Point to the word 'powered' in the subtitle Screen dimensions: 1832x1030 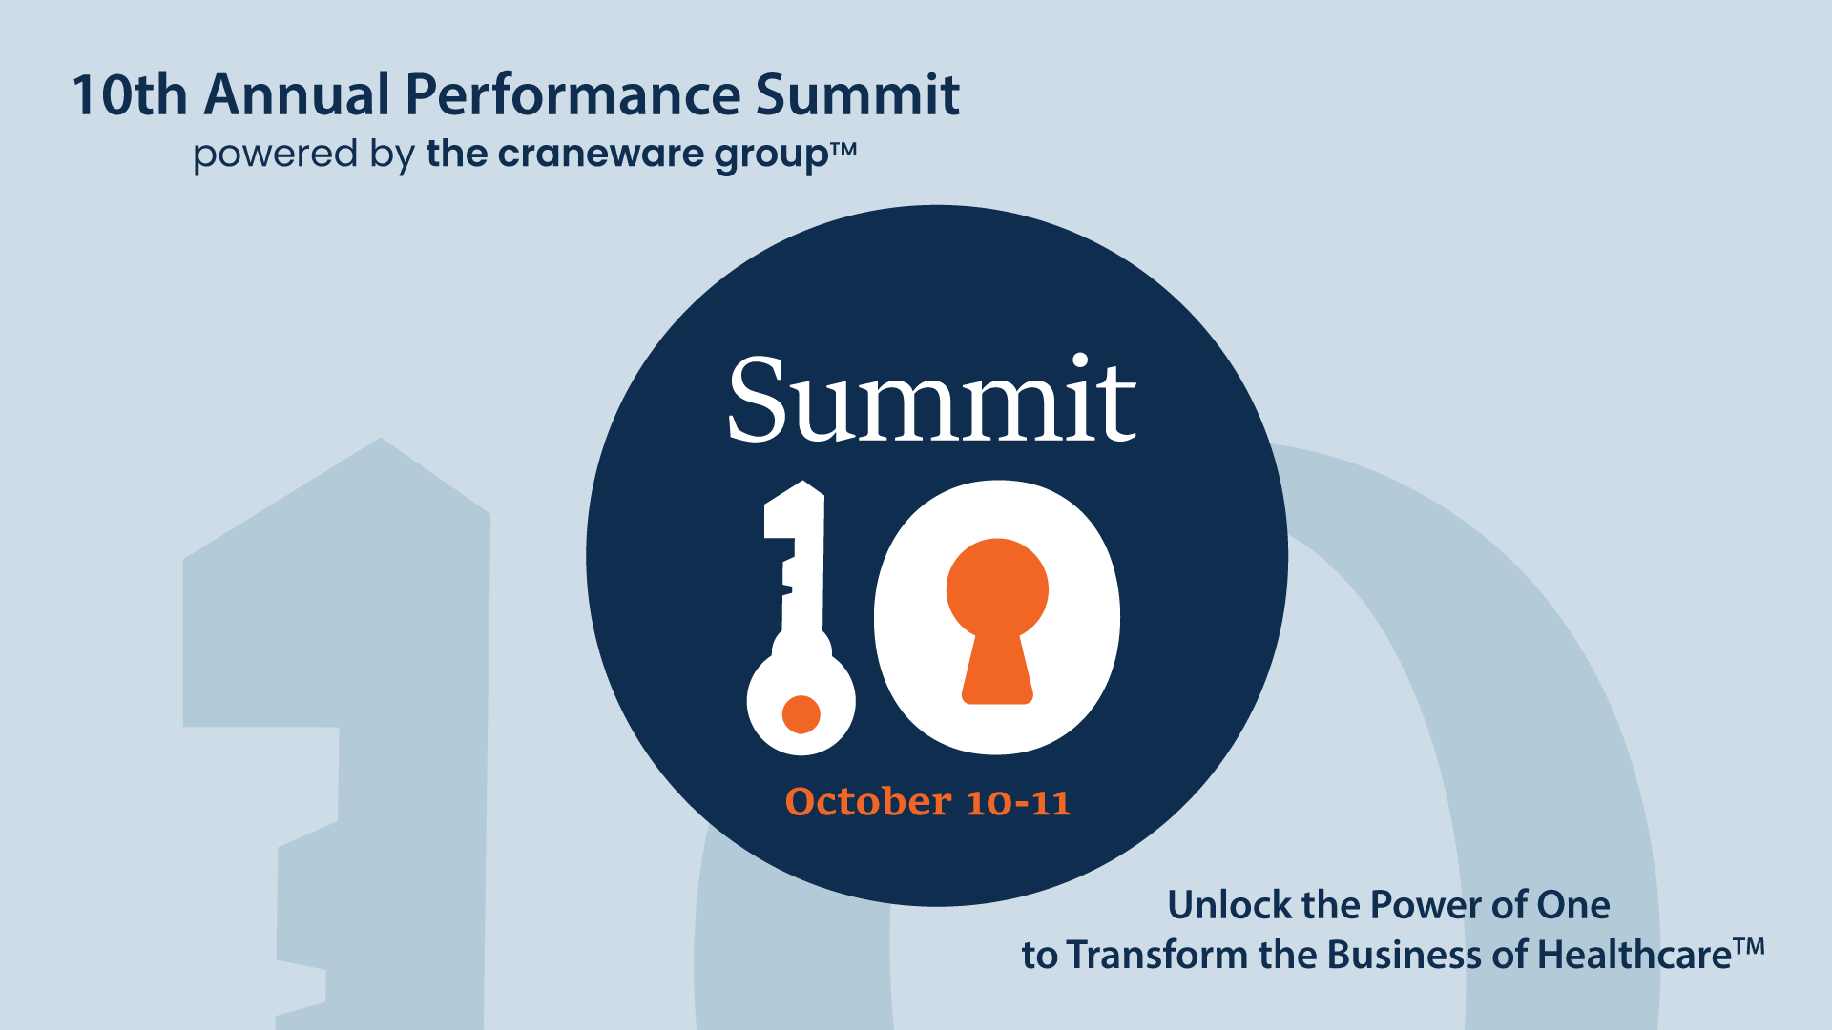(x=275, y=155)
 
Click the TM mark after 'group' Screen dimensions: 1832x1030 (x=843, y=149)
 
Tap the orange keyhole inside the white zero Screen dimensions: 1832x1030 (x=997, y=620)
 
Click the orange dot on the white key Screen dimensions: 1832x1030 (x=801, y=713)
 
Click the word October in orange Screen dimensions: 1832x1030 (x=868, y=801)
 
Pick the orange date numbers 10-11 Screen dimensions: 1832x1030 (x=1018, y=802)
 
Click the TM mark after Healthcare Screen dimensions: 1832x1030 (x=1749, y=947)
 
